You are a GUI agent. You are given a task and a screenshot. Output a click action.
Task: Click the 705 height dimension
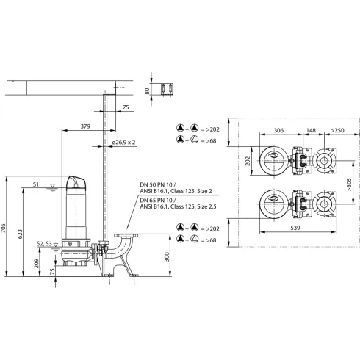click(x=7, y=228)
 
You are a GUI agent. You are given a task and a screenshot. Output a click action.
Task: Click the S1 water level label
click(x=36, y=185)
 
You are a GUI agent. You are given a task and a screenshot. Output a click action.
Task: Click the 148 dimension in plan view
click(x=312, y=130)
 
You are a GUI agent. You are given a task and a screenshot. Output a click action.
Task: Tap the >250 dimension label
click(x=337, y=130)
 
